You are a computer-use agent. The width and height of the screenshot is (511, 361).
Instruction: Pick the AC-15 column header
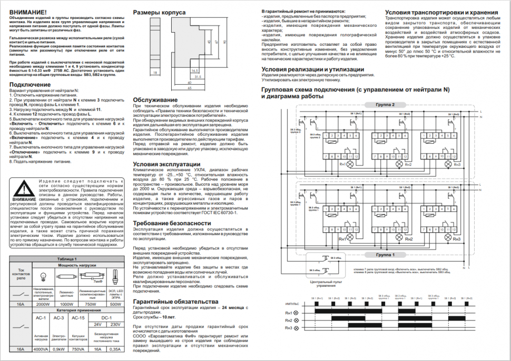[78, 318]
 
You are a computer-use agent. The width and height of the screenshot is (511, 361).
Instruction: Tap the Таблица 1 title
[67, 259]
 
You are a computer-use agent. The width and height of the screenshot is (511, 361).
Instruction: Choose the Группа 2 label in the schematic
[385, 105]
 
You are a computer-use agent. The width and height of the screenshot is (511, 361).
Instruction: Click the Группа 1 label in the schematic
[385, 254]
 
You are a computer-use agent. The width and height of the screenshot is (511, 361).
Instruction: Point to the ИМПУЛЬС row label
[291, 305]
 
